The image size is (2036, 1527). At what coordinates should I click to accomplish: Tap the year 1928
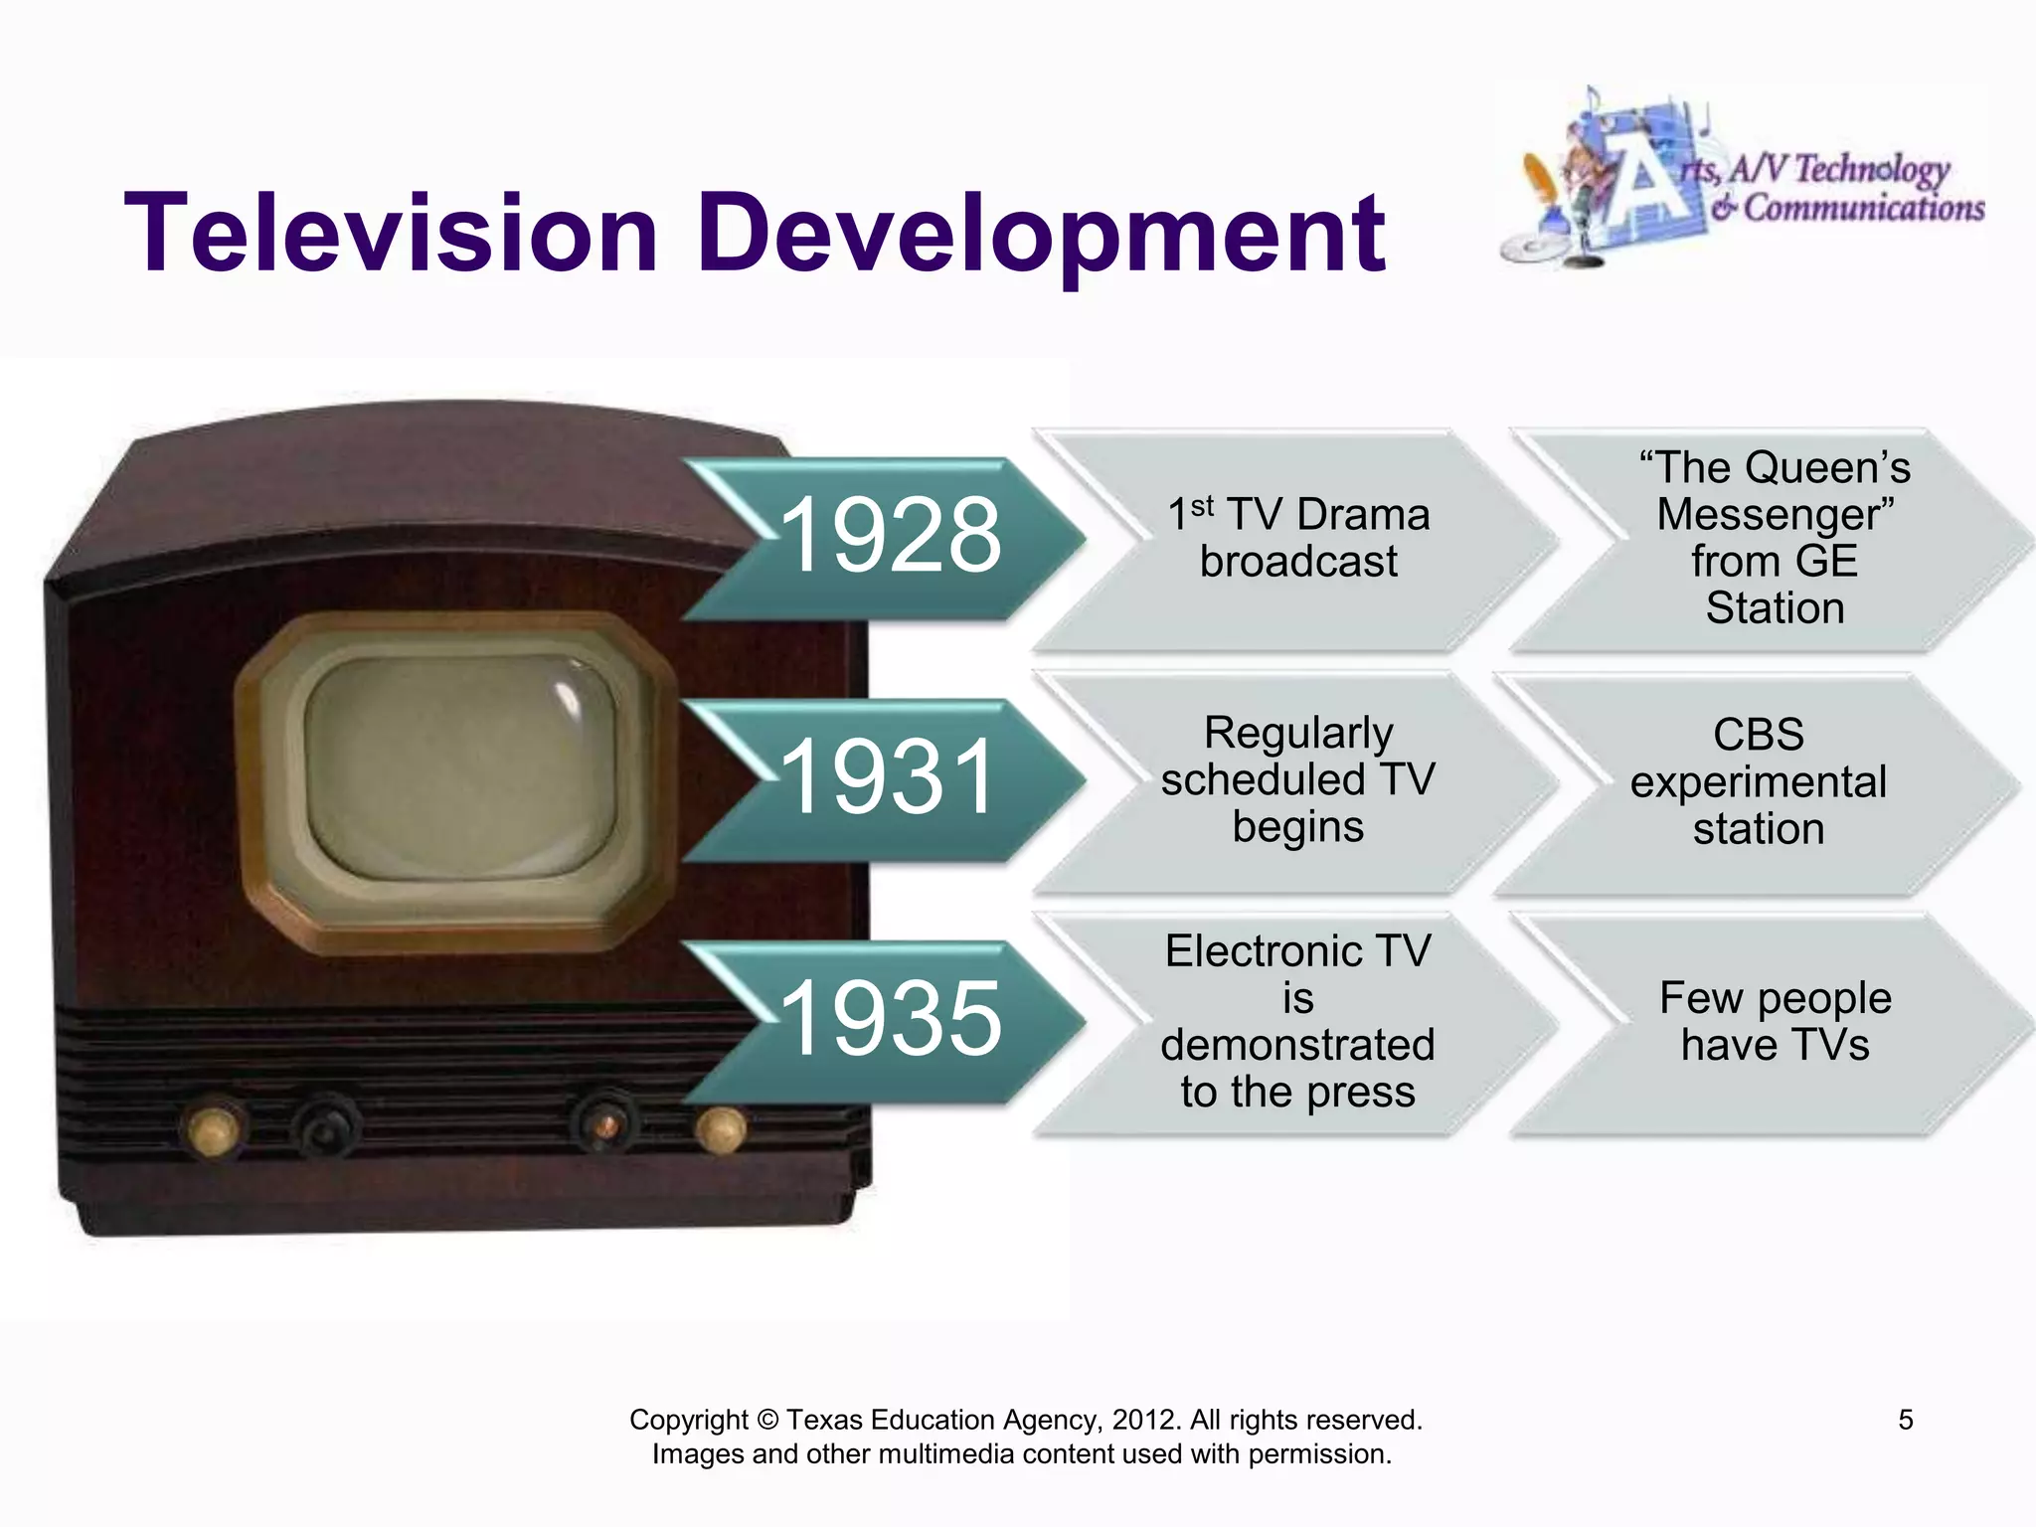pos(891,536)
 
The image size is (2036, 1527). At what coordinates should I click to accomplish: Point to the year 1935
pos(891,1018)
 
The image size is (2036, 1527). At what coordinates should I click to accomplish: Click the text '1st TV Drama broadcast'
pos(1298,538)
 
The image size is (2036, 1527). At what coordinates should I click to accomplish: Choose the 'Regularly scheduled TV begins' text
pos(1298,779)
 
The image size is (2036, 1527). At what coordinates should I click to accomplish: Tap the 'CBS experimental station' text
pos(1758,781)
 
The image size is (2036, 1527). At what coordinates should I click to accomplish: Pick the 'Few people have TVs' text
pos(1776,1021)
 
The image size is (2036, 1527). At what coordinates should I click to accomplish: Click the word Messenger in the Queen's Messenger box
pos(1776,515)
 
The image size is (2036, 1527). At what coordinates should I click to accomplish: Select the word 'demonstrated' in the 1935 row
pos(1298,1045)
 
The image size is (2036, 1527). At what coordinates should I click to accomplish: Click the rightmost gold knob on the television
pos(721,1130)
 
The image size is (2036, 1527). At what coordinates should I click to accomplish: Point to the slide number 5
pos(1906,1420)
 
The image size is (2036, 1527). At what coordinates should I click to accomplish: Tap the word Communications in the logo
pos(1864,209)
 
